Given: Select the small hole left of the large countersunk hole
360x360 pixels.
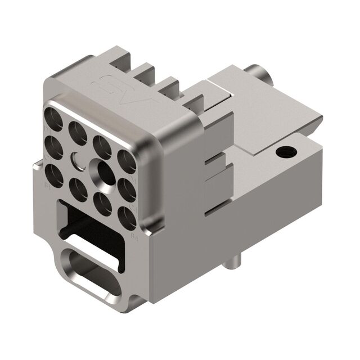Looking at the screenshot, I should coord(76,159).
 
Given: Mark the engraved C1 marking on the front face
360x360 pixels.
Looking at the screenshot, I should coord(45,159).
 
